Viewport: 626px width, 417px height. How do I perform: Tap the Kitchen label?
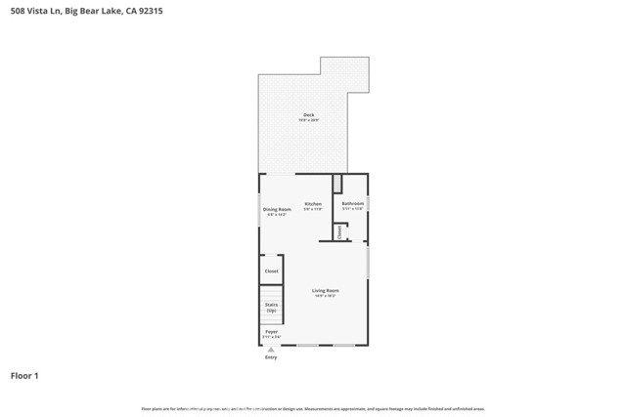click(312, 203)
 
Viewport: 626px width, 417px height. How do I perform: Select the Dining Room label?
click(277, 209)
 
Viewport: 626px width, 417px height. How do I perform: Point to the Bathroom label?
click(352, 203)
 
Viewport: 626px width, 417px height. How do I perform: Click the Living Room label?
click(325, 290)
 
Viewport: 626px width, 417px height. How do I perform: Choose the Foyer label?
click(271, 331)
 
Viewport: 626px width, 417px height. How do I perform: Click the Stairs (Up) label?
click(271, 307)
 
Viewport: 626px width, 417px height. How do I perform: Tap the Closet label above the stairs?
click(271, 271)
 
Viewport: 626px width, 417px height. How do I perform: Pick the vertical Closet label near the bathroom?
click(339, 232)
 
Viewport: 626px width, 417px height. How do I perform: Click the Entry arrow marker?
click(271, 349)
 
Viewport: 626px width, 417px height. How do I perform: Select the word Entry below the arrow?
click(271, 357)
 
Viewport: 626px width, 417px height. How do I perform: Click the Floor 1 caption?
click(24, 375)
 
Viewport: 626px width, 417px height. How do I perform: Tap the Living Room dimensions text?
click(325, 295)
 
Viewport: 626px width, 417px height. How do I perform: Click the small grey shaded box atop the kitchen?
click(337, 184)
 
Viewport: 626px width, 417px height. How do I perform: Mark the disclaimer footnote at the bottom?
click(312, 408)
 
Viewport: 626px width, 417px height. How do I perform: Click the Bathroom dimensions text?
click(352, 208)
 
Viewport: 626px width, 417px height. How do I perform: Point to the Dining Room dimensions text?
click(277, 214)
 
